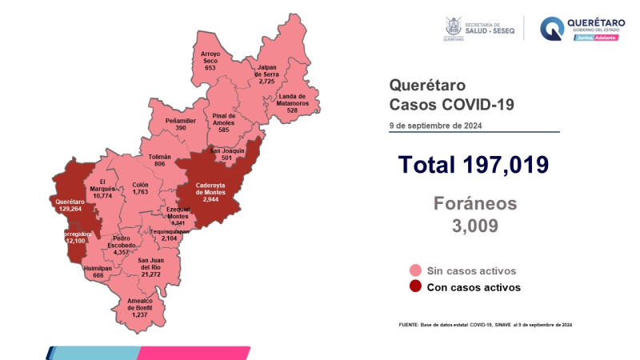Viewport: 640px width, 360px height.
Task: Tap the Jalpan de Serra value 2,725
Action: [266, 82]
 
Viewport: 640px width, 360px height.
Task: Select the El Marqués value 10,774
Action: [102, 196]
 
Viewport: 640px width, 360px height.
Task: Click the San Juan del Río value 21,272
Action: [152, 274]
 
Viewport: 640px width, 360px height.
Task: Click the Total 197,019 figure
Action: [474, 165]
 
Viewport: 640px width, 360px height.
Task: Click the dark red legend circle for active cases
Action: [414, 286]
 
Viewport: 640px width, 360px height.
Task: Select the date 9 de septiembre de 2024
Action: [436, 124]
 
